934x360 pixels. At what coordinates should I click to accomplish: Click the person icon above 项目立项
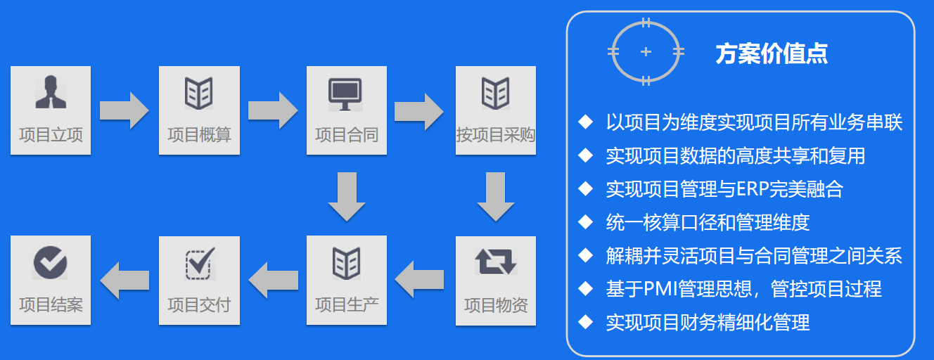point(51,92)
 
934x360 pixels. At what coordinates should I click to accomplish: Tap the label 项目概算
point(199,134)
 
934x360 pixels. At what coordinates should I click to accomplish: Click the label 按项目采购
point(496,134)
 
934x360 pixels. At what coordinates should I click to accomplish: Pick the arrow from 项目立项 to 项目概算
point(124,110)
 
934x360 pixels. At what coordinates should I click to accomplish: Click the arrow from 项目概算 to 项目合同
point(273,110)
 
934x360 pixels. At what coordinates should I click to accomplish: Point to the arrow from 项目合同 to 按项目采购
point(421,110)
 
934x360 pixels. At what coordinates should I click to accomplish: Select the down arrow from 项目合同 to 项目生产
point(347,196)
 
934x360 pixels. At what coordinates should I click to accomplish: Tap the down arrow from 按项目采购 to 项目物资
point(496,196)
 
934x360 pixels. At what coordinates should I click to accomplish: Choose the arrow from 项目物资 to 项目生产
point(421,281)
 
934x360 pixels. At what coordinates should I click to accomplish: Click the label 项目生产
point(347,304)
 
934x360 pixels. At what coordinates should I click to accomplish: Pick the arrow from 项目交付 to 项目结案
point(124,281)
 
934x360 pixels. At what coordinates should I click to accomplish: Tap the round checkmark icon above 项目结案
point(50,262)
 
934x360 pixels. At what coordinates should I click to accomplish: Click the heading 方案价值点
point(772,54)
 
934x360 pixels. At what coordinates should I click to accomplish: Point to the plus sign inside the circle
point(646,52)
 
